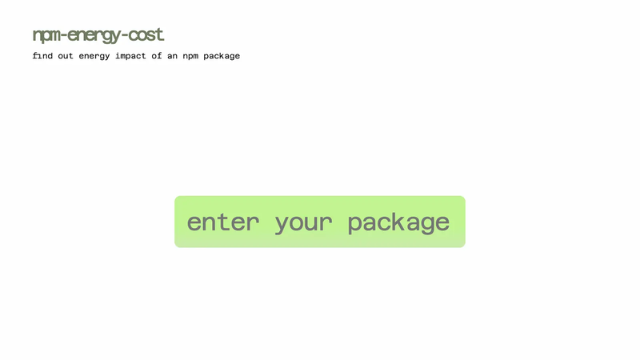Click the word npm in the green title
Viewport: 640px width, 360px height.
click(46, 36)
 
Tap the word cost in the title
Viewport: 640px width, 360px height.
click(146, 34)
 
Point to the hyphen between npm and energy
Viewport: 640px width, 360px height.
click(64, 35)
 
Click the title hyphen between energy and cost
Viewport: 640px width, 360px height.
click(125, 35)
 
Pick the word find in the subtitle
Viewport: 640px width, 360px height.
click(42, 55)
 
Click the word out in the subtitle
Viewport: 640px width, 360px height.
click(66, 56)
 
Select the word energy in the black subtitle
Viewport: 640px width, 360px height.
click(94, 56)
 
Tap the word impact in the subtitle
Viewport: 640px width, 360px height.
click(130, 56)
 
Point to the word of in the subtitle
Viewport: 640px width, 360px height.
click(157, 55)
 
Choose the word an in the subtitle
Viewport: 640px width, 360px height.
click(172, 56)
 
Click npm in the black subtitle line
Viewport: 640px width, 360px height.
click(190, 57)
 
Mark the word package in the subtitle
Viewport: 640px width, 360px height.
click(222, 56)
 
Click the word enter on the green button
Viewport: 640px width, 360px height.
click(223, 222)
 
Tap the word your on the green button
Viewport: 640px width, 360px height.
click(304, 224)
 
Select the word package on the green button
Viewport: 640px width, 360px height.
click(398, 223)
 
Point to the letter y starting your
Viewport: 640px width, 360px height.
click(282, 225)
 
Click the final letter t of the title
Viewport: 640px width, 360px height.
click(160, 34)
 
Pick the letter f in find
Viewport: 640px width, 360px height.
click(35, 55)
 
